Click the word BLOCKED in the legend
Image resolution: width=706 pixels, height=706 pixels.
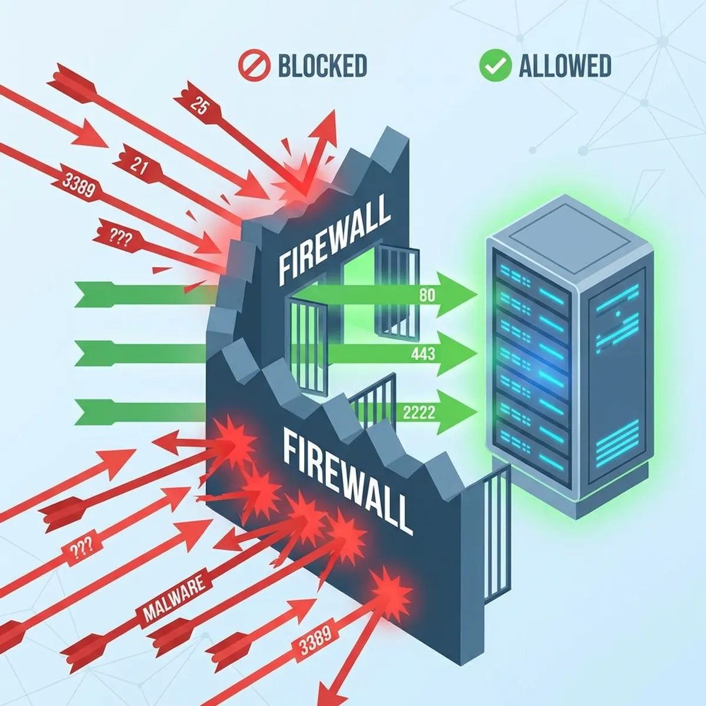click(322, 65)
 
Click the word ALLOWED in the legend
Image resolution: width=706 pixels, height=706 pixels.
click(565, 65)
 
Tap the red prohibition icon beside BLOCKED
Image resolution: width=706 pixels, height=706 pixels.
click(254, 65)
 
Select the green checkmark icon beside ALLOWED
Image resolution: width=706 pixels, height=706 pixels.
click(495, 65)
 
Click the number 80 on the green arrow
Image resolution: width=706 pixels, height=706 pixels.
click(427, 295)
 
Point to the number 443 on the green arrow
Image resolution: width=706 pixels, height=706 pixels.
click(424, 354)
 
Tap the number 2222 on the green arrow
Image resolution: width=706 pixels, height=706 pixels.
click(419, 411)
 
